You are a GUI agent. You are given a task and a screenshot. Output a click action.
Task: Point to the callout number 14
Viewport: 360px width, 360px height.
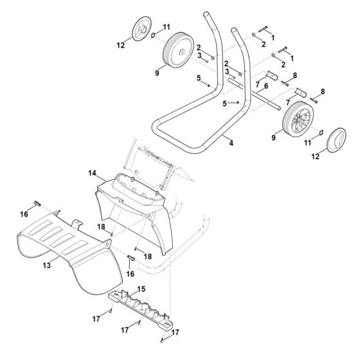pyautogui.click(x=93, y=174)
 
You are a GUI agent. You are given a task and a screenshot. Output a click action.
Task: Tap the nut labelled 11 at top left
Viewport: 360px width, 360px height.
pyautogui.click(x=153, y=35)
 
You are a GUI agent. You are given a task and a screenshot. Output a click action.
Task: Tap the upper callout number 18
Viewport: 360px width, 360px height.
pyautogui.click(x=102, y=227)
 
